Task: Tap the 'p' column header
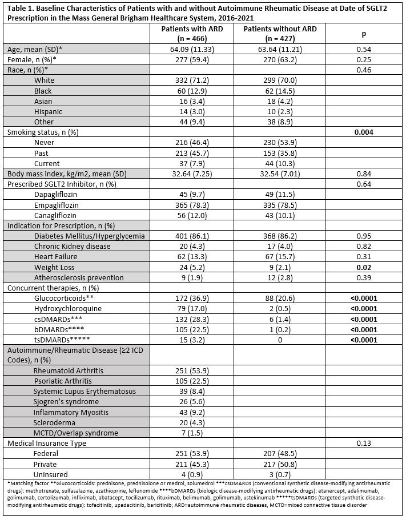363,34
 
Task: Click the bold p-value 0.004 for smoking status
363,132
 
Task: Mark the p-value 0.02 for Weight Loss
363,267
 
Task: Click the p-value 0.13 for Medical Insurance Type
363,443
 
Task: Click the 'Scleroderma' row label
55,422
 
